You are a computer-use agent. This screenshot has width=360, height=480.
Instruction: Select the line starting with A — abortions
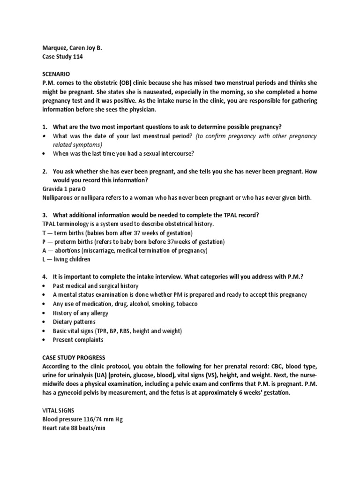point(125,251)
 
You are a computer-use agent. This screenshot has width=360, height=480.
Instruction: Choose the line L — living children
point(66,260)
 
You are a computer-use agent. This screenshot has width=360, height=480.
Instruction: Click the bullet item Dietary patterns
point(74,322)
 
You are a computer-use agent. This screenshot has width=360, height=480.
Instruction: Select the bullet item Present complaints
point(78,339)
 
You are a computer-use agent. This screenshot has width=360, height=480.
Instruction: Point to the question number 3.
point(45,215)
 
